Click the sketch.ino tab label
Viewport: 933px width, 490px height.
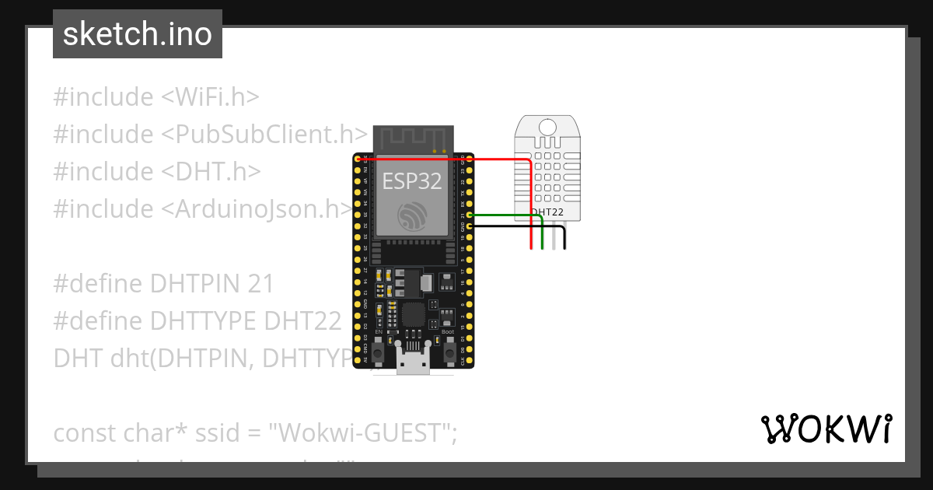tap(138, 34)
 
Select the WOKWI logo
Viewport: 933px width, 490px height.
tap(826, 429)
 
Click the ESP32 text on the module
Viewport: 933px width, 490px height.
tap(412, 181)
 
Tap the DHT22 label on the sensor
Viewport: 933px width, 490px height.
tap(548, 212)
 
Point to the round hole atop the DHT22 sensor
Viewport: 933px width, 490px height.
tap(548, 126)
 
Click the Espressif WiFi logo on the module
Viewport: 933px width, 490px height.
tap(411, 215)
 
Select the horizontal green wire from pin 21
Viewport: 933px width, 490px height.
tap(505, 214)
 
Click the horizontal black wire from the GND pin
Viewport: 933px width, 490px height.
tap(513, 226)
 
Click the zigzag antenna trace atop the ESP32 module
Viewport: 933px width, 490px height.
tap(412, 138)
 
